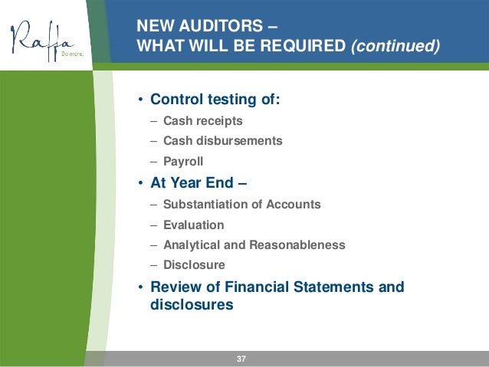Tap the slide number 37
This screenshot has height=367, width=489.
241,359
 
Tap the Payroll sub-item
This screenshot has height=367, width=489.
183,161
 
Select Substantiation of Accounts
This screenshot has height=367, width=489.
241,205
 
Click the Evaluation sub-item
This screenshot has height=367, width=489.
193,225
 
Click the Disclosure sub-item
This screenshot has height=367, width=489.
194,265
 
